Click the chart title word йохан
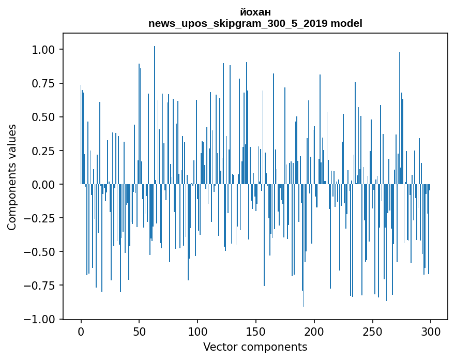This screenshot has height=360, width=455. (255, 12)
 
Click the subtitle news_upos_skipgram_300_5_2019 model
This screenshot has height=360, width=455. (255, 23)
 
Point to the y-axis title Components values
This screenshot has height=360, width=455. (12, 177)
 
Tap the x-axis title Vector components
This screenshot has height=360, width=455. (255, 347)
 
